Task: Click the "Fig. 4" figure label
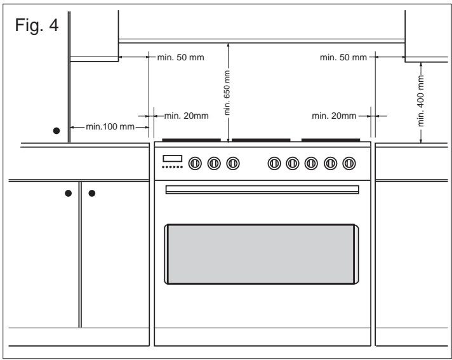37,25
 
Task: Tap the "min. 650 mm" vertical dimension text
227,93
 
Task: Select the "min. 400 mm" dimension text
421,101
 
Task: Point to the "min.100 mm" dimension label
110,126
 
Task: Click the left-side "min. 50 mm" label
181,57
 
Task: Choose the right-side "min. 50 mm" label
343,57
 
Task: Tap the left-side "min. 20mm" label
187,116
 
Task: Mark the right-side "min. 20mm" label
334,116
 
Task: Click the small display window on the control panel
173,159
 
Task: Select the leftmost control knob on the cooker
195,163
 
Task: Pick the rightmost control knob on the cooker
349,163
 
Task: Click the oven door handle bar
262,190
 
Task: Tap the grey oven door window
262,254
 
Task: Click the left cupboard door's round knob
69,193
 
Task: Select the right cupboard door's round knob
92,193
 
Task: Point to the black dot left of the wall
56,131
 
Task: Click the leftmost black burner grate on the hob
192,140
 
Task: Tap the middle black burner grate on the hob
261,140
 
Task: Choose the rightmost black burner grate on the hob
331,140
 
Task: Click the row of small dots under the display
173,167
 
